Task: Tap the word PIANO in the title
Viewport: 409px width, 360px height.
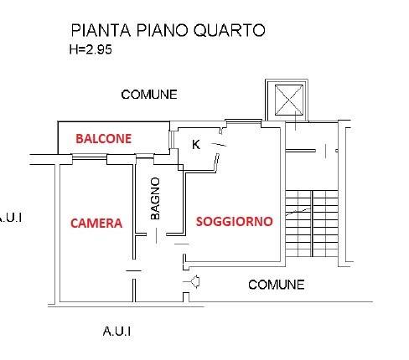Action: (x=163, y=31)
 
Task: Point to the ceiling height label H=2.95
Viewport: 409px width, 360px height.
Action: (x=91, y=49)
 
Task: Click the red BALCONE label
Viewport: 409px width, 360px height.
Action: (x=103, y=139)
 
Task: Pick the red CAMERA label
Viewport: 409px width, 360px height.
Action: (x=96, y=223)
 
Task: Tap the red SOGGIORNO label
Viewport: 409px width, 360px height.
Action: (x=234, y=222)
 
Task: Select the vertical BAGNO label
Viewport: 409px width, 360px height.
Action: (x=155, y=198)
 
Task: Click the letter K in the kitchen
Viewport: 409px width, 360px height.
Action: (x=196, y=144)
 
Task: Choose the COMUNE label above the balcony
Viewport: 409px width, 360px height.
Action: (x=149, y=95)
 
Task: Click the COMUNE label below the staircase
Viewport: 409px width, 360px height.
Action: (x=276, y=285)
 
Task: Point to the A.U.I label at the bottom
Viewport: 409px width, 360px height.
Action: (x=116, y=331)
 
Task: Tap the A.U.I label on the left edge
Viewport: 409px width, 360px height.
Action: (x=10, y=218)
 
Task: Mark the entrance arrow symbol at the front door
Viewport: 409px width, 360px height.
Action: (x=194, y=282)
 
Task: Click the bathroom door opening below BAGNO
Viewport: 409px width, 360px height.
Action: (x=175, y=234)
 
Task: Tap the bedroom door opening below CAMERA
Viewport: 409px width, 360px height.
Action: (x=134, y=270)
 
